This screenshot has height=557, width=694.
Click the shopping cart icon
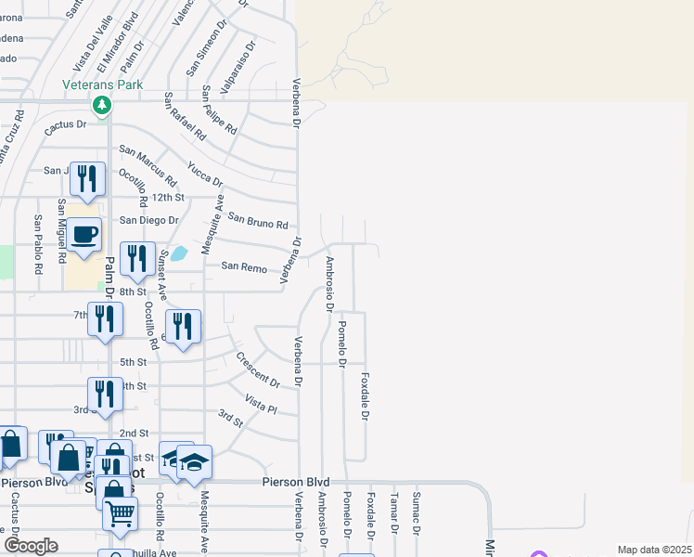120,512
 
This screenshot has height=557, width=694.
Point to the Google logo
31,546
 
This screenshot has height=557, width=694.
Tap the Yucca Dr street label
205,174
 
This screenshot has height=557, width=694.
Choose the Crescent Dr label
258,369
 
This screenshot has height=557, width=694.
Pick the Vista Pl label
261,403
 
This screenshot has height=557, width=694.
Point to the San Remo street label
244,266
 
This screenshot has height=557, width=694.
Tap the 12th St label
169,198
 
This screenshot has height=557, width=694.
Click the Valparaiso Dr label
237,65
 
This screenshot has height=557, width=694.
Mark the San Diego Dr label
148,220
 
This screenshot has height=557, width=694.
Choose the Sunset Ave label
162,275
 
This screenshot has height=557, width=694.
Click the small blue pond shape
179,253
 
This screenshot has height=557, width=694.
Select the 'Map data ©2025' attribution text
655,550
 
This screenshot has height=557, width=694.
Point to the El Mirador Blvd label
118,43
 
